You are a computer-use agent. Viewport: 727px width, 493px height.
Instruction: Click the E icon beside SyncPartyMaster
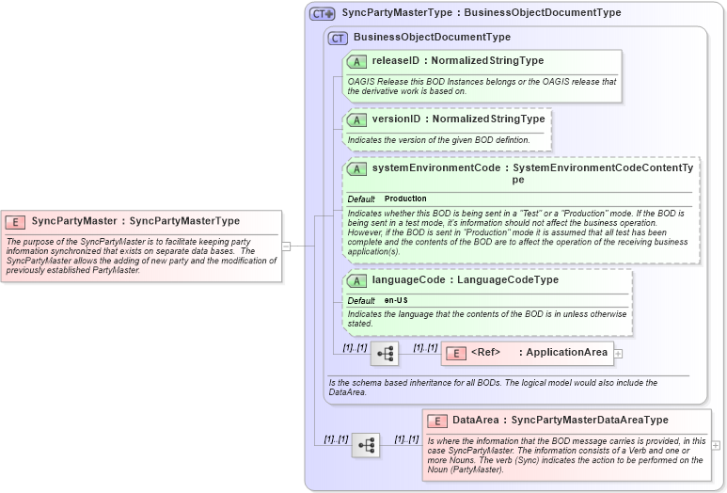point(15,222)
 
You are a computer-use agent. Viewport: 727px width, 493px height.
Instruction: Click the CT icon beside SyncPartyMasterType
point(323,13)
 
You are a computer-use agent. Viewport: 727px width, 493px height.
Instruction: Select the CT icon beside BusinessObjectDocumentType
point(338,38)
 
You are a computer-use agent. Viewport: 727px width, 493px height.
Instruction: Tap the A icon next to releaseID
point(356,61)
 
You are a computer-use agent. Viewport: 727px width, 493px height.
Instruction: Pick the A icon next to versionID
point(356,119)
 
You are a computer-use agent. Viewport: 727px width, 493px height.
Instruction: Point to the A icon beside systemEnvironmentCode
point(356,168)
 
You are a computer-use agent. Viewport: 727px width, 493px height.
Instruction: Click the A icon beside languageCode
point(356,280)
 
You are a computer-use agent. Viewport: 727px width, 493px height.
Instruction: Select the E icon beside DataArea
point(436,421)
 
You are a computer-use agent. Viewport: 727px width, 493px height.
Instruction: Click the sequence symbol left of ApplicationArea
point(386,354)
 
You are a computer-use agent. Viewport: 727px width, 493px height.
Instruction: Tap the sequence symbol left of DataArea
point(365,445)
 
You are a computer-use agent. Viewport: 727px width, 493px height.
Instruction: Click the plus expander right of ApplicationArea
point(619,354)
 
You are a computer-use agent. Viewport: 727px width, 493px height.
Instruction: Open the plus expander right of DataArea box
point(717,445)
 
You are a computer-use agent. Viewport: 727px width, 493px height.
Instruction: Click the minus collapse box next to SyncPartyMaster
point(286,246)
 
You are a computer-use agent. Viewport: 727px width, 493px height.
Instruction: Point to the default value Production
point(405,199)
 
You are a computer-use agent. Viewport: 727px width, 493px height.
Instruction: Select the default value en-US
point(396,300)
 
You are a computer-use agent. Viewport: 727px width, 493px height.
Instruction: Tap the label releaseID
point(394,61)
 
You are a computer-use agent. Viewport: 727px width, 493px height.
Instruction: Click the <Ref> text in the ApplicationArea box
point(485,353)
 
